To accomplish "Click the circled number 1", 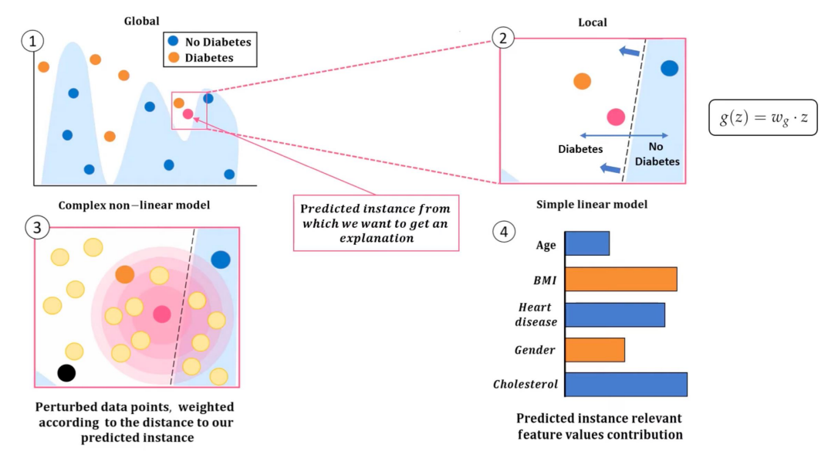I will [x=32, y=42].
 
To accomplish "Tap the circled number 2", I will [x=503, y=37].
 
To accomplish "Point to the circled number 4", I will [x=503, y=231].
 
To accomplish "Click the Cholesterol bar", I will [x=626, y=385].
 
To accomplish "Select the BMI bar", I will [x=620, y=279].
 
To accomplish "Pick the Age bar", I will [x=587, y=244].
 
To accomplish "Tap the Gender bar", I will [x=594, y=350].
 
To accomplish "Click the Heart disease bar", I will [x=614, y=314].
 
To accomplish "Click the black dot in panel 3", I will [x=66, y=373].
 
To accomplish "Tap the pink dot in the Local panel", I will [x=615, y=117].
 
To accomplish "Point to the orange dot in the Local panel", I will [x=582, y=81].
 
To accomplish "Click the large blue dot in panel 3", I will [x=221, y=260].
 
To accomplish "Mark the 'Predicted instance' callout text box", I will [x=376, y=223].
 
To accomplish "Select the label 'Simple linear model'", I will [x=592, y=205].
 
